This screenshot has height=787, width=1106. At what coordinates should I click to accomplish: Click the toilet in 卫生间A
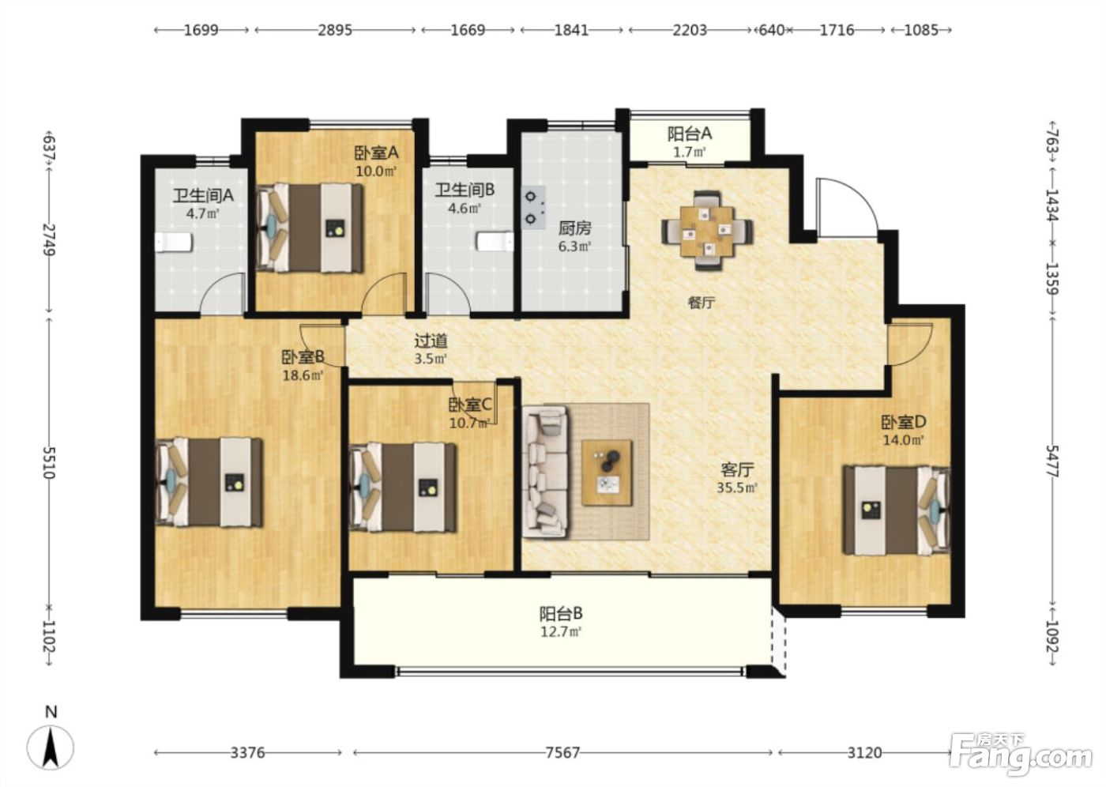[173, 243]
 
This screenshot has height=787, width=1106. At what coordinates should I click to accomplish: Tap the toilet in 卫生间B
[495, 242]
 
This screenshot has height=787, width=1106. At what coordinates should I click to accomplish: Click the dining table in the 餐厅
[706, 231]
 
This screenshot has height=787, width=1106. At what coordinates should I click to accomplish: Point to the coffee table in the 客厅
[607, 473]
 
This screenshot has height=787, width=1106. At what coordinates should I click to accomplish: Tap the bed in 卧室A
[310, 228]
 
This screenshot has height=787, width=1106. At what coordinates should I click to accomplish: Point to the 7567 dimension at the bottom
[562, 752]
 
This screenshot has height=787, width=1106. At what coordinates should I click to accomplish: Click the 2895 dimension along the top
[335, 30]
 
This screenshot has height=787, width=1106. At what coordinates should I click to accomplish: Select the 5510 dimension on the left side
[49, 462]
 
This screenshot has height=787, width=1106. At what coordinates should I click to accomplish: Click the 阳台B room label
[560, 614]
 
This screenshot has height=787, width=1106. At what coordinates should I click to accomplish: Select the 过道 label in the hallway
[431, 341]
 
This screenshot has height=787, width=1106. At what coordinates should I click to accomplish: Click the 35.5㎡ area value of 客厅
[737, 488]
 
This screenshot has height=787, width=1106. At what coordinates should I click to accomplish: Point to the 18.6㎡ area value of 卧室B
[303, 376]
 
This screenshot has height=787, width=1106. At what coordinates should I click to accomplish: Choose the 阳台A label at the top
[689, 134]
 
